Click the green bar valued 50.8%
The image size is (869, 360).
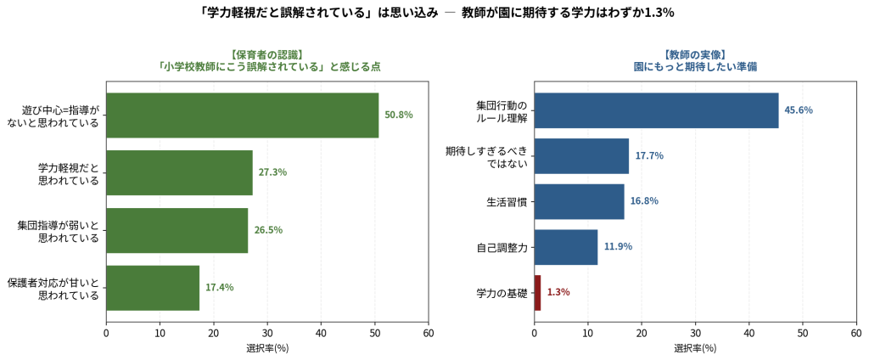242,115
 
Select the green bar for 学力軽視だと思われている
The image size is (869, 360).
180,172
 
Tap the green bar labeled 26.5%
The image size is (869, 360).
177,230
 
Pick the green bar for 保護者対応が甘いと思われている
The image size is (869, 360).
153,288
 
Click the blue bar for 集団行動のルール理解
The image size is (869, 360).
656,110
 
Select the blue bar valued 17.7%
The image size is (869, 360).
581,156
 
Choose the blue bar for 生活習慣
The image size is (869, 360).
579,201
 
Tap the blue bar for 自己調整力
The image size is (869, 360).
566,247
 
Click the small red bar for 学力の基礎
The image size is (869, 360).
537,292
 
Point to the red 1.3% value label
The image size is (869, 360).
558,292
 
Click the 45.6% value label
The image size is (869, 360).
799,110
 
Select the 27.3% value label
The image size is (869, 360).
272,172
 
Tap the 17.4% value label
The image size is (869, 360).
220,288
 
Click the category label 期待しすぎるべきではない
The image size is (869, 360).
486,156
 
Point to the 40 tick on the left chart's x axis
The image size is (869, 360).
321,333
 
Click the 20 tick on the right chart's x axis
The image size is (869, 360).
642,333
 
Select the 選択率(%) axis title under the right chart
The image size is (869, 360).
695,349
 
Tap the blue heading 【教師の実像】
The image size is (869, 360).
695,54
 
